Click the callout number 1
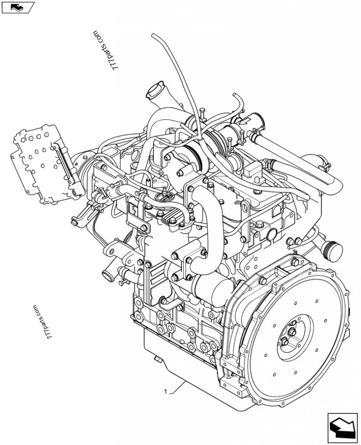(x=167, y=391)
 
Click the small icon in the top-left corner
(x=18, y=7)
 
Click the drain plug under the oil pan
(x=158, y=359)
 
